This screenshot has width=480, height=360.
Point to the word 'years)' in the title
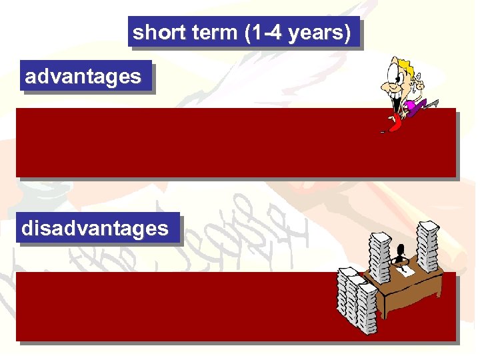319,33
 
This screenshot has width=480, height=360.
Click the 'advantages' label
83,77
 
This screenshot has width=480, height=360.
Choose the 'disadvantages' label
95,229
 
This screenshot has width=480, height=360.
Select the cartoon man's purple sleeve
417,105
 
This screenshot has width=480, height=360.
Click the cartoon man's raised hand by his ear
419,84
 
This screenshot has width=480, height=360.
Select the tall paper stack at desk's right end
427,247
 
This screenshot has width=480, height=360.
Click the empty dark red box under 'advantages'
200,143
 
